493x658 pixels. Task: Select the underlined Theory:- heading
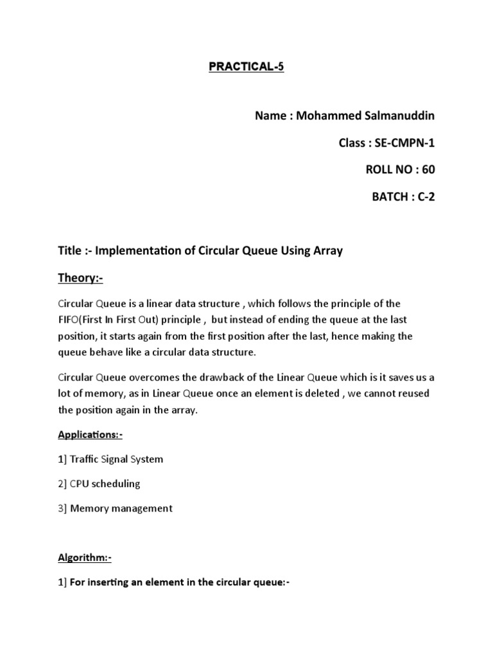[x=80, y=278]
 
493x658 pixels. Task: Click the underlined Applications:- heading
[x=90, y=435]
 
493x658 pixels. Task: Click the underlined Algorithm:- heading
[x=85, y=558]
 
